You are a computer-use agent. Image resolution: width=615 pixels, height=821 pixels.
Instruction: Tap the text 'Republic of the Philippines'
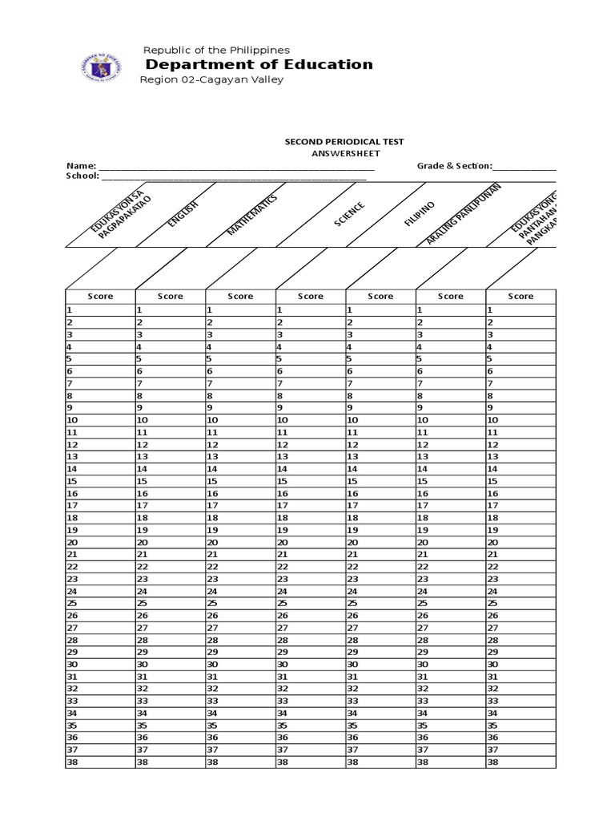click(x=215, y=50)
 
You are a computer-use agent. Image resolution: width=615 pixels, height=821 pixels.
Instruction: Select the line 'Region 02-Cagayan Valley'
click(x=211, y=79)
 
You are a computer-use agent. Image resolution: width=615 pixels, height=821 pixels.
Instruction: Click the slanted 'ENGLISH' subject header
click(x=183, y=214)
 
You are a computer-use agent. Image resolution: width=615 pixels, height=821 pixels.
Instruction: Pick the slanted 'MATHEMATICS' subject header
click(x=252, y=214)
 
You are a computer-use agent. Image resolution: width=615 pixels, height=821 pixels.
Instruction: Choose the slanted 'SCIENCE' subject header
click(x=349, y=214)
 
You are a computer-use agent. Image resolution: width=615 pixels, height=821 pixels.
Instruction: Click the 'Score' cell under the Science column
click(x=311, y=296)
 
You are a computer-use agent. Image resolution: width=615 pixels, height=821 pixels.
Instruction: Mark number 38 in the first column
click(x=72, y=762)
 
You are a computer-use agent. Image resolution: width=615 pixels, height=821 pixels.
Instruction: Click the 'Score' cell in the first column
click(x=101, y=296)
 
